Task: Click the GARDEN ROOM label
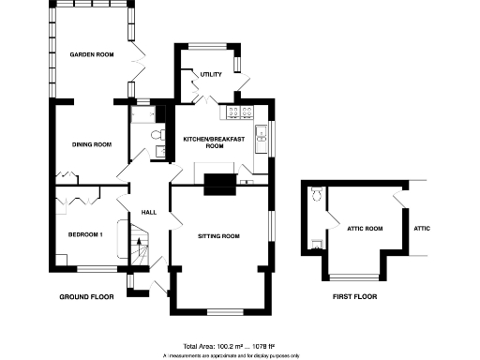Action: pos(92,55)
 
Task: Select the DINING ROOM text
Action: pos(92,144)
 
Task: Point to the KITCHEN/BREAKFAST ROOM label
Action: pos(214,142)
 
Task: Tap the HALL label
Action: pos(148,213)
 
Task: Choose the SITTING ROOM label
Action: pos(219,235)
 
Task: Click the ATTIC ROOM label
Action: pos(365,228)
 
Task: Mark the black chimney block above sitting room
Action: pos(219,183)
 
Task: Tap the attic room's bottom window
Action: pos(353,277)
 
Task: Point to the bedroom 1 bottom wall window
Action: pos(93,268)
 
